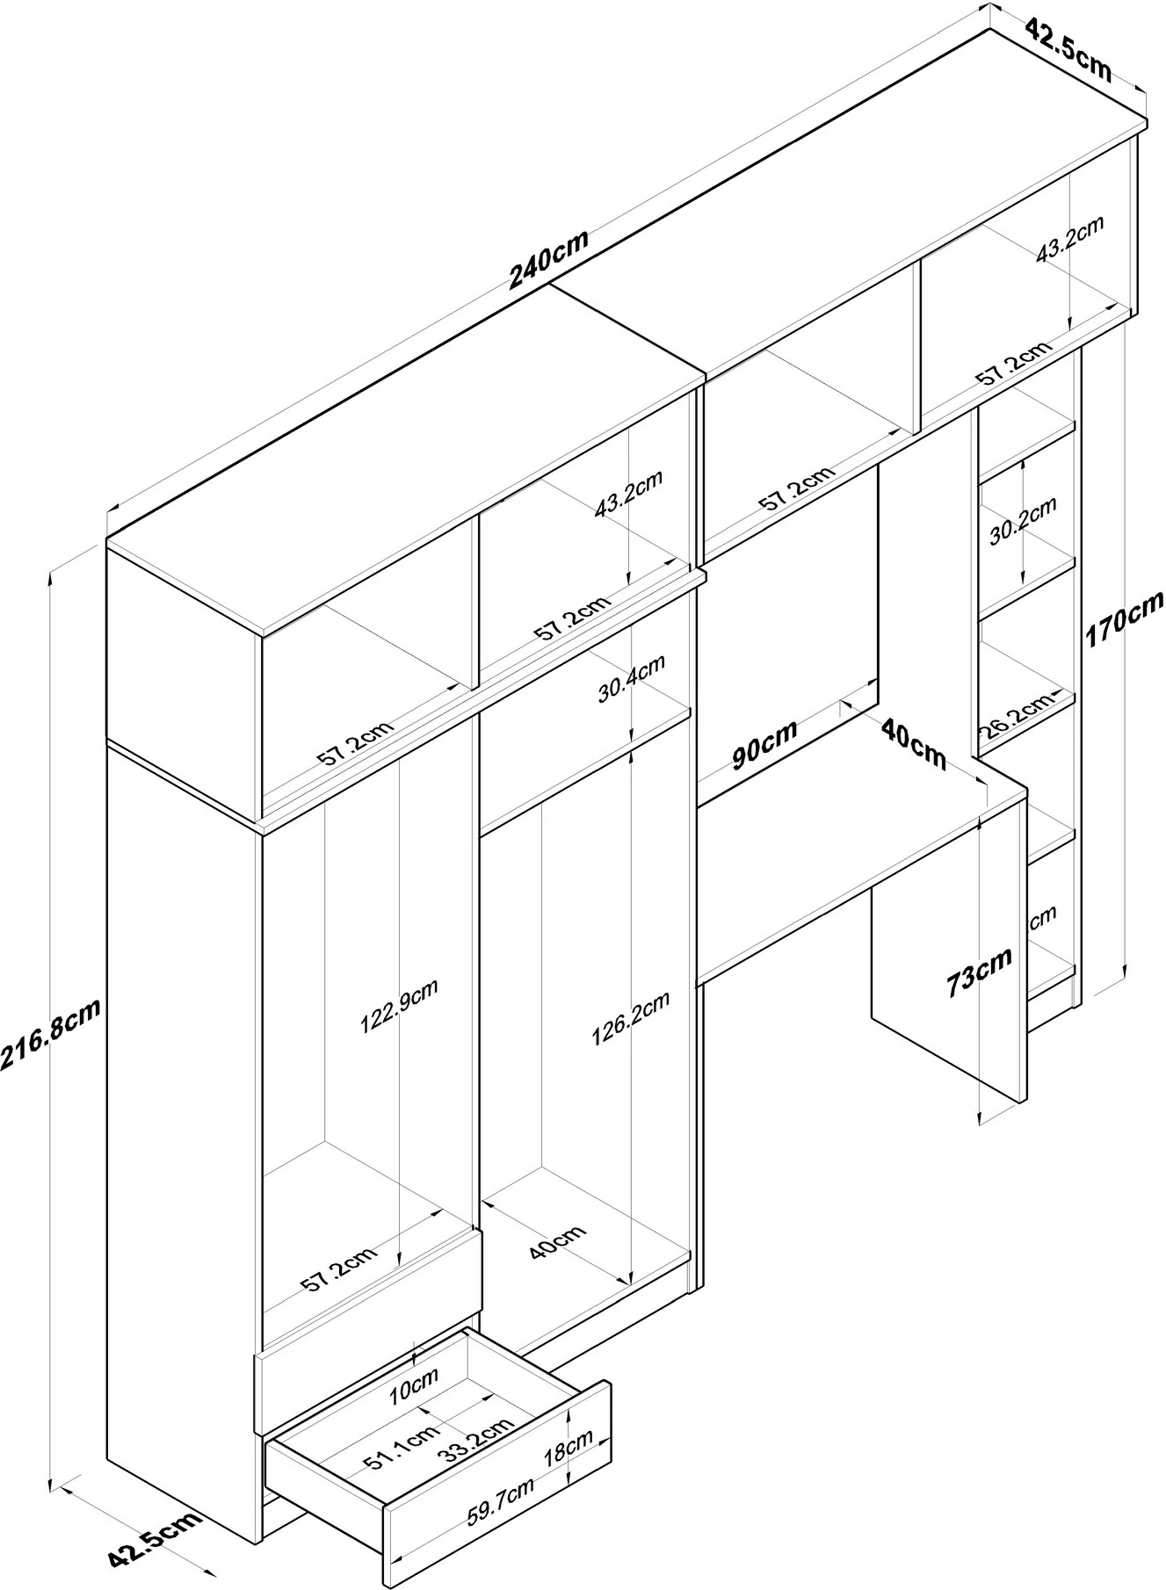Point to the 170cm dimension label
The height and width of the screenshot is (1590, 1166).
1124,618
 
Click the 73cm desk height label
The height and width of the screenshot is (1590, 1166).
979,971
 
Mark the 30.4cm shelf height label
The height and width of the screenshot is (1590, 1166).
631,680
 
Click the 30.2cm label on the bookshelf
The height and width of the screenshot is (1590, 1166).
1022,522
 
